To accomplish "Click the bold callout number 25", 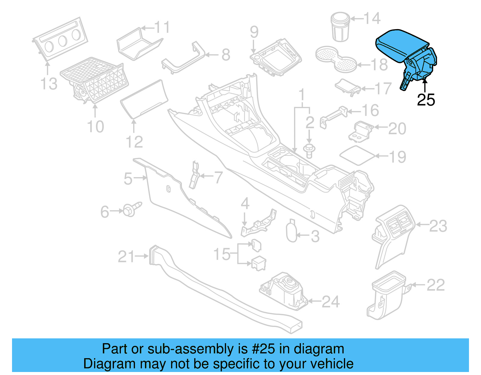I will point(426,100).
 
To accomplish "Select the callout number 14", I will point(372,19).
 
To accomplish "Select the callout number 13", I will point(49,84).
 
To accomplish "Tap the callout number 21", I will point(127,257).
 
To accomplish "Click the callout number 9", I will point(254,32).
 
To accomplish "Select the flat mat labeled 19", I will point(357,155).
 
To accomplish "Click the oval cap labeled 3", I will point(291,231).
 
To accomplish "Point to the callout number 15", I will point(222,254).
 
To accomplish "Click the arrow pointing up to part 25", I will point(425,85).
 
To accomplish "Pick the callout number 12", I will point(134,142).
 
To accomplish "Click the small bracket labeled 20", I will point(361,131).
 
